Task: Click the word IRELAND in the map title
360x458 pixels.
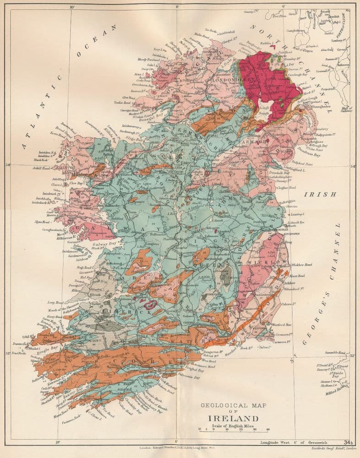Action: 233,418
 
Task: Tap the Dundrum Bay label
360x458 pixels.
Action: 297,155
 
